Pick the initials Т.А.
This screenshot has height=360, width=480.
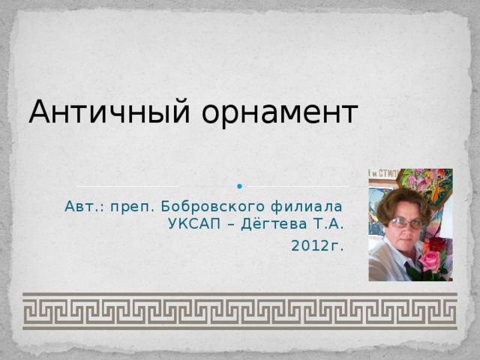tap(328, 223)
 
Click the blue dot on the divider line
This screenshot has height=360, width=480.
tap(238, 186)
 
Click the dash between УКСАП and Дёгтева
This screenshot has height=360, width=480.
tap(232, 223)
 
